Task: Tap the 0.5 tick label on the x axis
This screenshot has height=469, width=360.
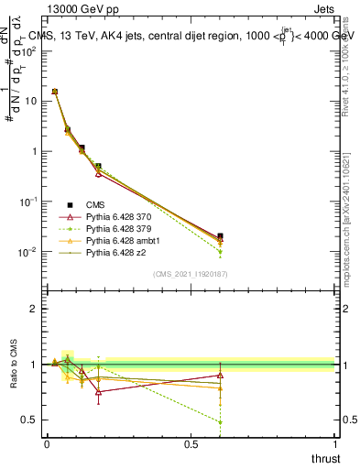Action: [191, 444]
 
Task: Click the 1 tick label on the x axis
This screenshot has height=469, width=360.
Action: [334, 444]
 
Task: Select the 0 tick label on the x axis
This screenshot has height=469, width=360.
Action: [47, 444]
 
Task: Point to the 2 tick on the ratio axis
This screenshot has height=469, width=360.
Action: [34, 309]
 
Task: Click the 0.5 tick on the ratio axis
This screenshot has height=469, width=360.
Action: [29, 420]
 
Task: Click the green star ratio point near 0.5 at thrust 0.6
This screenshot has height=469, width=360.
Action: [220, 422]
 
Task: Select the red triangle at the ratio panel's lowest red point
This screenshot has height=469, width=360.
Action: [98, 391]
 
